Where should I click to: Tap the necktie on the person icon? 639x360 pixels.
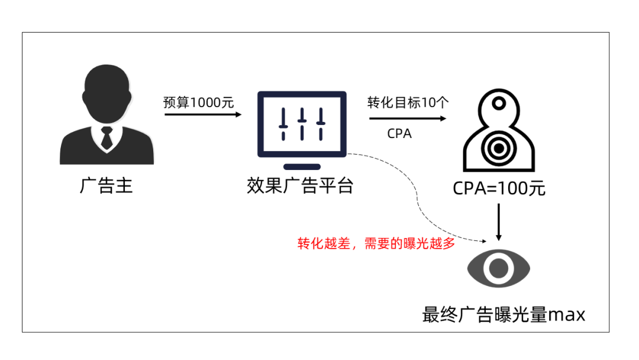[106, 138]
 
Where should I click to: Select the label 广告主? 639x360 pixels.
[106, 187]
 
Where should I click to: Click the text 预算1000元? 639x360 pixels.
[199, 102]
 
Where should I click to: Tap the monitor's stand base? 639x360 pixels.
[302, 167]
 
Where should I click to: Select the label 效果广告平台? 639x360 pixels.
[300, 187]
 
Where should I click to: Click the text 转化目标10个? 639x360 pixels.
[408, 102]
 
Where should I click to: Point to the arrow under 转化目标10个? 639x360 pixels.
[408, 118]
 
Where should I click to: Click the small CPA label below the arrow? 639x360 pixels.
[399, 134]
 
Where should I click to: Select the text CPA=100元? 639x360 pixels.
[499, 189]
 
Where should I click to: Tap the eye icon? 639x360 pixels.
[499, 268]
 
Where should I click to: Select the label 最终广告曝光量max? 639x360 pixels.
[504, 314]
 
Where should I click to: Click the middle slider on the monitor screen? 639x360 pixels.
[302, 123]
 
